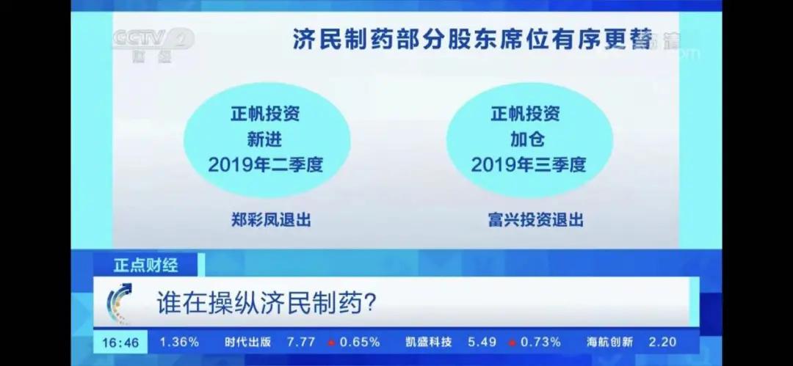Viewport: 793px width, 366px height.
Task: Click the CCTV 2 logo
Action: pos(152,44)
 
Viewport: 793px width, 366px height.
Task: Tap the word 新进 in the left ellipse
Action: pos(266,139)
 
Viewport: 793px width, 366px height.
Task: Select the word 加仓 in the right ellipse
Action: pos(529,139)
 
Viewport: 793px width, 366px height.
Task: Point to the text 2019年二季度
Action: pos(266,164)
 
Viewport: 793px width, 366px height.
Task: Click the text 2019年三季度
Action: pos(529,164)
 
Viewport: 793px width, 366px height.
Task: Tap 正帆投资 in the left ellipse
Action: pos(266,114)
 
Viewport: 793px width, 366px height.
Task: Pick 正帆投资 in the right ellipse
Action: pos(529,114)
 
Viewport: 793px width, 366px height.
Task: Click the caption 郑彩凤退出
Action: pos(266,219)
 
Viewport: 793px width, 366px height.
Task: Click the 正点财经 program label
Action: pos(145,265)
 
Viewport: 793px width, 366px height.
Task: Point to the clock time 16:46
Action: pos(120,343)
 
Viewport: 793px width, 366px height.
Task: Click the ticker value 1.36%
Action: pos(179,343)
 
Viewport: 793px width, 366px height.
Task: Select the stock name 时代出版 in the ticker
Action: pos(248,343)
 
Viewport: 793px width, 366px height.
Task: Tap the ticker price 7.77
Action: pos(301,343)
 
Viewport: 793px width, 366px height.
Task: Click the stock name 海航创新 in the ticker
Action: pos(609,343)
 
